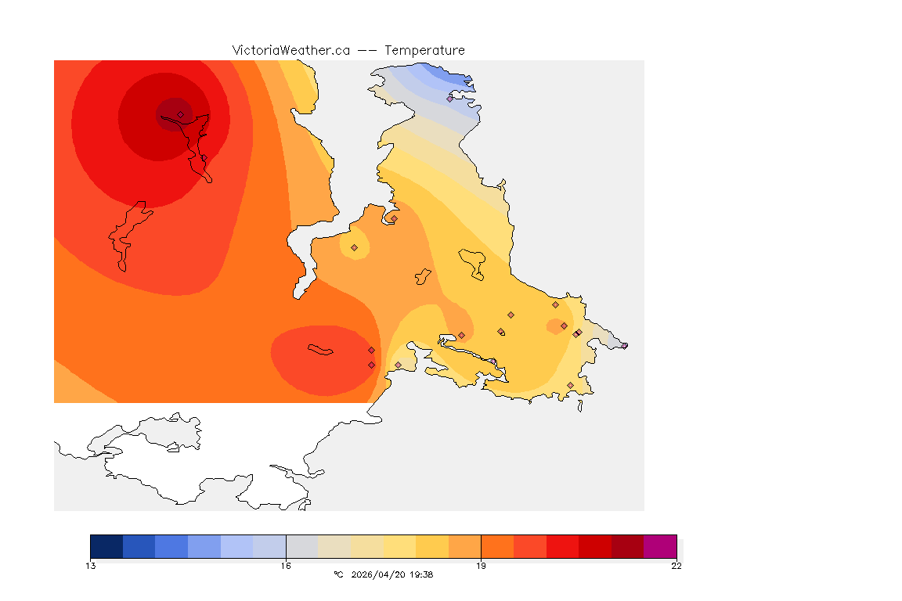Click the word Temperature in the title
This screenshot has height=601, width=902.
(x=424, y=50)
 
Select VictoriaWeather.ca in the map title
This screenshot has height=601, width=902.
(x=290, y=50)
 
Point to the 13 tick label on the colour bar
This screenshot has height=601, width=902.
(x=91, y=566)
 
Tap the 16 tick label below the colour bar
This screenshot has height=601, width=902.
(x=286, y=566)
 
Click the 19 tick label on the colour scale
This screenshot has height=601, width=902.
(x=481, y=566)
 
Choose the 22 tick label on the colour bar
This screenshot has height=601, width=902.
(x=676, y=566)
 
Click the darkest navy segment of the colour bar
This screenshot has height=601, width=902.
(x=106, y=546)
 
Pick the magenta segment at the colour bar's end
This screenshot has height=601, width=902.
(x=660, y=546)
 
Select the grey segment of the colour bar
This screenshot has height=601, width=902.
(x=301, y=546)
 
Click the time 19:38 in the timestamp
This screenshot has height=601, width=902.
(x=421, y=574)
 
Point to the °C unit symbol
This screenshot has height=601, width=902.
(x=338, y=574)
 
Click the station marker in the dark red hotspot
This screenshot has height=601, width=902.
(x=180, y=114)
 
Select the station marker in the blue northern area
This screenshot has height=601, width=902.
(x=449, y=99)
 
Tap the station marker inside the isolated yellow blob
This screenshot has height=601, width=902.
(x=354, y=247)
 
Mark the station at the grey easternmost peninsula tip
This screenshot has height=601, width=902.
(x=624, y=345)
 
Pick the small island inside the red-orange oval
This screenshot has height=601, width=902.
(x=320, y=349)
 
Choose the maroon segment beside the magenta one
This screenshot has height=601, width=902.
(x=627, y=546)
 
